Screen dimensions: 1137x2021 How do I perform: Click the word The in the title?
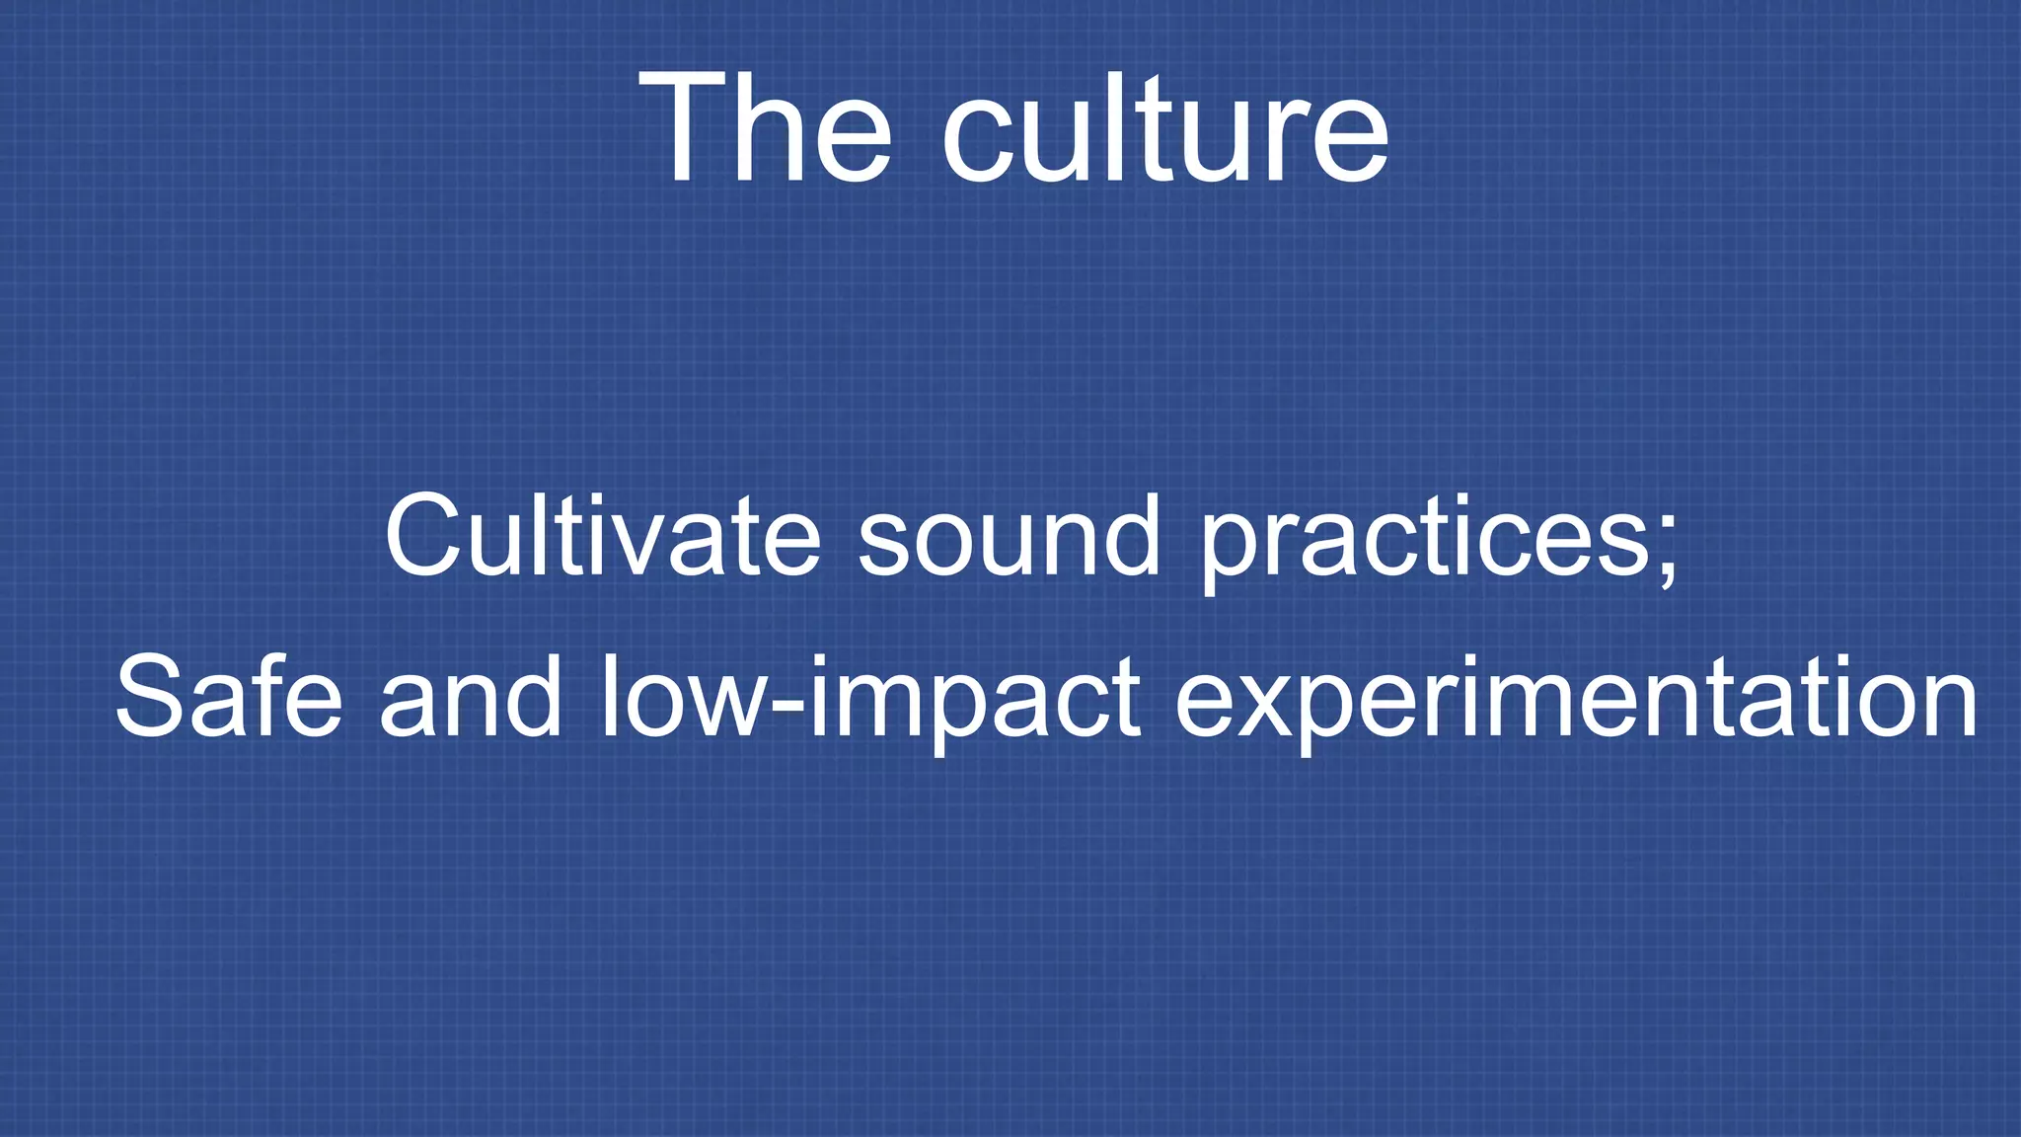(766, 128)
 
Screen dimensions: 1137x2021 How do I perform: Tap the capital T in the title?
(684, 128)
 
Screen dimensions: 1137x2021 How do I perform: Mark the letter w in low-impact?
(724, 707)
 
